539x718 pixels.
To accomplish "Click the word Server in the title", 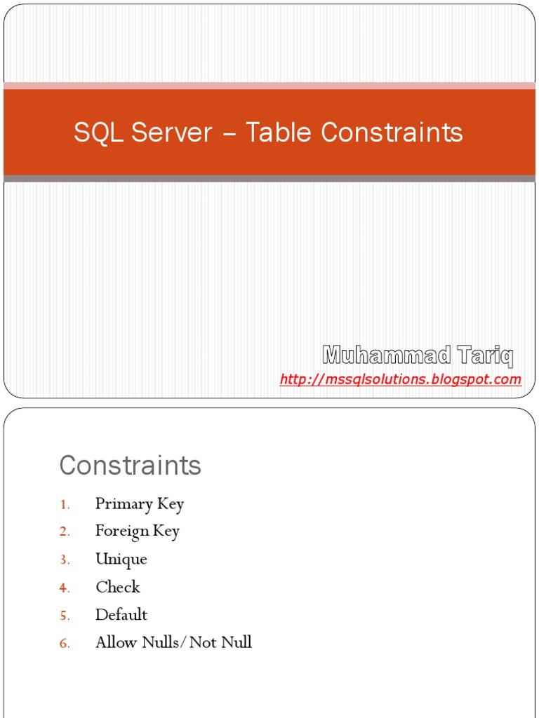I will [178, 132].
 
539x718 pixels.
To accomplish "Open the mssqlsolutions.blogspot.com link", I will [400, 379].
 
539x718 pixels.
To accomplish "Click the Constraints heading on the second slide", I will [130, 465].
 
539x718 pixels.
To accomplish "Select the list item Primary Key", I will [140, 504].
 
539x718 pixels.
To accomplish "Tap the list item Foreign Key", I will [138, 531].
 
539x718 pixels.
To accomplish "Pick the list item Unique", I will [121, 560].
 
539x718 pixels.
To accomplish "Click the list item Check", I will [118, 587].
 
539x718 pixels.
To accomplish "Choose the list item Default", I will [121, 615].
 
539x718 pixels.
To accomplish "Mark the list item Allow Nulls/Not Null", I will [173, 642].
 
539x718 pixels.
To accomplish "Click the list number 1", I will [64, 505].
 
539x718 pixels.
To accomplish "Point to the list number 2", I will [64, 532].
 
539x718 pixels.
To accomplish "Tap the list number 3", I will [64, 560].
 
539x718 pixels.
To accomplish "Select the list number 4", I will [64, 588].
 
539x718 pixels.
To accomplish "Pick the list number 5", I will [64, 616].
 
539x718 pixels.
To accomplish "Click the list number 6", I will [64, 643].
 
